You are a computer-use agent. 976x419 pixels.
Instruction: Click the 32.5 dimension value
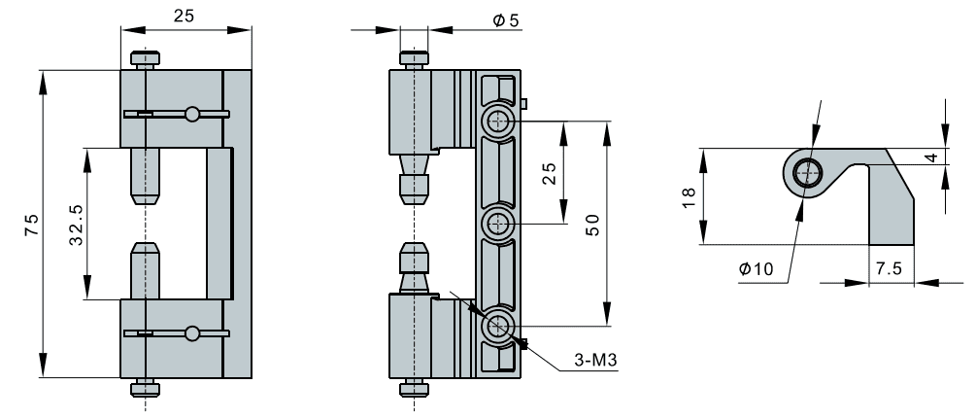pos(75,225)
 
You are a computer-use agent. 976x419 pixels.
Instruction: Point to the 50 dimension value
pos(591,224)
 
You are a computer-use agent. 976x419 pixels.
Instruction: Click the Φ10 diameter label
pos(757,269)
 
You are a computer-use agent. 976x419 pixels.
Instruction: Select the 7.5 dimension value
pos(888,268)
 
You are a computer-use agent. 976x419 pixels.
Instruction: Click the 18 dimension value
pos(689,195)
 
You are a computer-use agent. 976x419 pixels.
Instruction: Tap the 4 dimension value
pos(959,157)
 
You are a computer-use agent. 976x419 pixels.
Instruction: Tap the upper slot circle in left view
pos(193,114)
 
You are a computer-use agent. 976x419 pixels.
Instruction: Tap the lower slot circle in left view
pos(193,333)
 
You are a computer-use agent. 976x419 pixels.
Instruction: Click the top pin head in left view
pos(145,57)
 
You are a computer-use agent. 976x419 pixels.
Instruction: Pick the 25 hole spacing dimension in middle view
pos(550,173)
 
